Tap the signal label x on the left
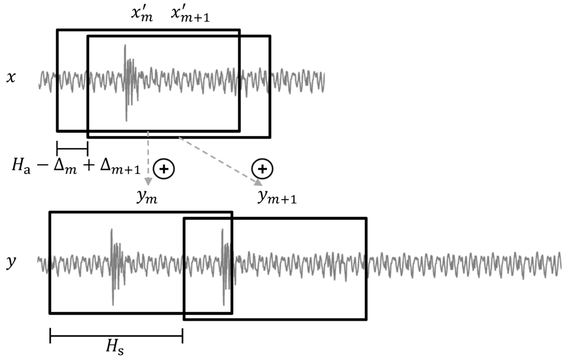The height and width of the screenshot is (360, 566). (11, 77)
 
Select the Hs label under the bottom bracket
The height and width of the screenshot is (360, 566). (116, 349)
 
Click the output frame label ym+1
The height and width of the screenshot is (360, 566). (277, 197)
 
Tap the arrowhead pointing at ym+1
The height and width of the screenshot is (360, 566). (258, 182)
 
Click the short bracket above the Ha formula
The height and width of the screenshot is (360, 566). (72, 148)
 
